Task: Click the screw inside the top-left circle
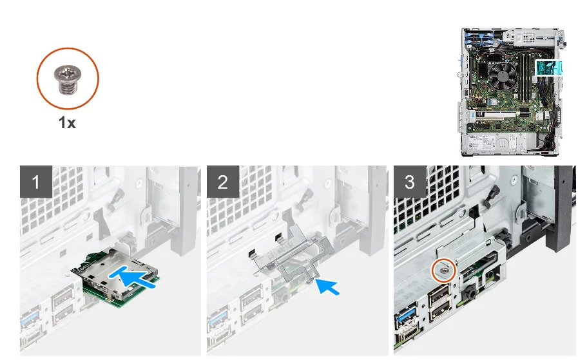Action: (x=68, y=79)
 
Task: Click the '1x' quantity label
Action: (x=67, y=122)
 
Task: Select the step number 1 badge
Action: (x=35, y=182)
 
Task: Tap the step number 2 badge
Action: (x=223, y=182)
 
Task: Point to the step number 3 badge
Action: (x=410, y=182)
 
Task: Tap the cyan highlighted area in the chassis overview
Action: (x=548, y=68)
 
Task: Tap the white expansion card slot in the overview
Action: (x=495, y=116)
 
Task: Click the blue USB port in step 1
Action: (x=28, y=320)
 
